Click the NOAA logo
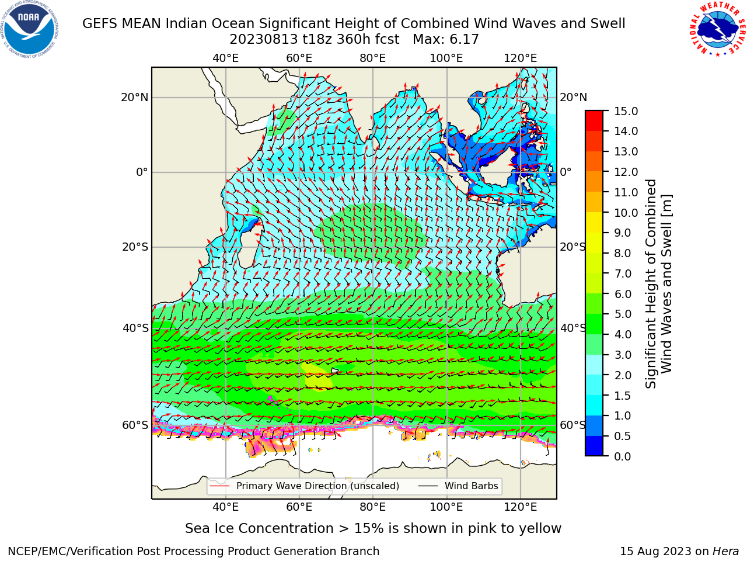point(29,29)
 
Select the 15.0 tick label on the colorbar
point(626,111)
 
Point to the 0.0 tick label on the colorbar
point(623,456)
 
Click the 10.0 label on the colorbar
point(626,213)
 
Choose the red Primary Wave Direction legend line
point(219,486)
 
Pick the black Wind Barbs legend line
point(428,486)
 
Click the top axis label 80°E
point(373,58)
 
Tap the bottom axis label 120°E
point(521,507)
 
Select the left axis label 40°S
point(135,328)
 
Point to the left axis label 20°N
point(135,98)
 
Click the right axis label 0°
point(566,172)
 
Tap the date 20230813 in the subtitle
point(264,40)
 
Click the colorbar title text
point(658,284)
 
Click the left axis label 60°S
point(135,425)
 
